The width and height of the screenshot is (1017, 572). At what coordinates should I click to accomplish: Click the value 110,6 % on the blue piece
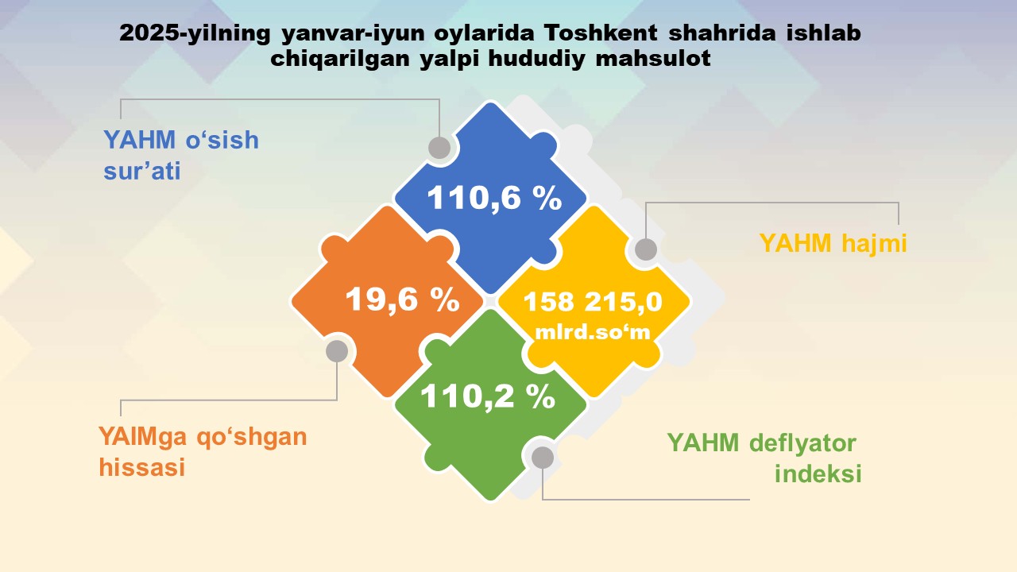click(x=494, y=198)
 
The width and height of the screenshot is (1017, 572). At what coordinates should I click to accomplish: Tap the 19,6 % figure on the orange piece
click(x=403, y=300)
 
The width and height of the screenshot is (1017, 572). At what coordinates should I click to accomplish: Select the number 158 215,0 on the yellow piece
click(x=593, y=302)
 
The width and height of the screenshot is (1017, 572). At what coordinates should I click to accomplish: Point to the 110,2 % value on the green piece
click(x=488, y=396)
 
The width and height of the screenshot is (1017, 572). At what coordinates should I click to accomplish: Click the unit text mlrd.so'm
click(x=593, y=332)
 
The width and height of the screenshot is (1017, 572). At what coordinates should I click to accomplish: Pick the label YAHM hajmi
click(x=833, y=243)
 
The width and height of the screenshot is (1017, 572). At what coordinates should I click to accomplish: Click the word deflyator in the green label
click(x=802, y=443)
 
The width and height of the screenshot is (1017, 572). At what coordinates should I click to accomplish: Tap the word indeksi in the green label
click(x=818, y=473)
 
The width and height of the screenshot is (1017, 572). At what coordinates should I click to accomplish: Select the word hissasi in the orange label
click(x=142, y=467)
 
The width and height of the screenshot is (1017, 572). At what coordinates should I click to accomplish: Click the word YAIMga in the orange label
click(x=142, y=438)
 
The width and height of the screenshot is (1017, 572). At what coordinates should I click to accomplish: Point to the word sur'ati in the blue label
click(x=142, y=171)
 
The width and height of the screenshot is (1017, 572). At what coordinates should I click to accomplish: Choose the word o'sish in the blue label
click(x=222, y=140)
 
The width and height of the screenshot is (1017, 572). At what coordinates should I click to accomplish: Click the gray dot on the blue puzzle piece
click(x=439, y=148)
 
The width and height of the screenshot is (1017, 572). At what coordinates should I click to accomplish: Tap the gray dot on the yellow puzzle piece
click(x=646, y=249)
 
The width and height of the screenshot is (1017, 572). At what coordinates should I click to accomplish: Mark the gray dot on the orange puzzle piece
click(x=337, y=351)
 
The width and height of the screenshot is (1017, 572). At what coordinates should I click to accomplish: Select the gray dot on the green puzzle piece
click(x=543, y=457)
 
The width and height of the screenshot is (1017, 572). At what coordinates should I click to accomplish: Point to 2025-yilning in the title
click(x=195, y=33)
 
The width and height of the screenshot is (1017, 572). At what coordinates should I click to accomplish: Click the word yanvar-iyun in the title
click(x=352, y=34)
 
